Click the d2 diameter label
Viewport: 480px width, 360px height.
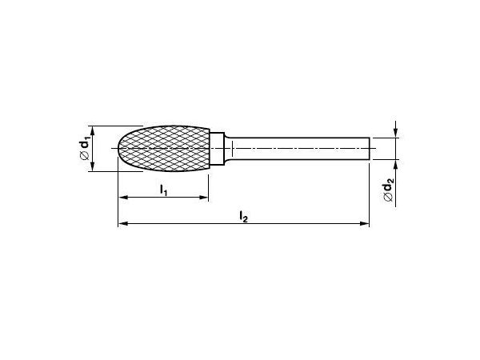pos(388,192)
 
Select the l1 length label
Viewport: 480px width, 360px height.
pos(164,190)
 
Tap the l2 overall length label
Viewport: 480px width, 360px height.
pos(244,217)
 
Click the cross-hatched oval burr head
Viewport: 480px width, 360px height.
pos(164,149)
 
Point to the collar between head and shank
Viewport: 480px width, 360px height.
pos(218,149)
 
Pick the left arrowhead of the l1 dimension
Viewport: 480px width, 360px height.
pos(122,198)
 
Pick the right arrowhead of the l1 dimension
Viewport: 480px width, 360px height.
pos(204,198)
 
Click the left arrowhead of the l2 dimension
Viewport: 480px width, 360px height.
pos(122,224)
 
